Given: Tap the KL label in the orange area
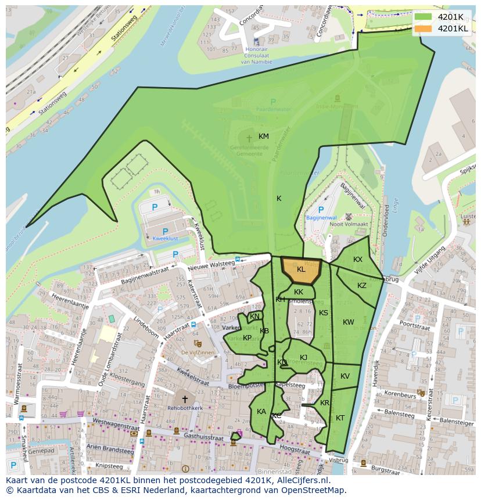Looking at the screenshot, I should [x=301, y=269].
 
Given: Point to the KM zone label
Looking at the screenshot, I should [x=264, y=136].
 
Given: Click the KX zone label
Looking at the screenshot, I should [x=358, y=260].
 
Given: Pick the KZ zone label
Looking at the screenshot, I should [x=362, y=286].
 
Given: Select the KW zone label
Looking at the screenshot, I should [x=349, y=322].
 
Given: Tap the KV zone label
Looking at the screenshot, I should [x=345, y=376].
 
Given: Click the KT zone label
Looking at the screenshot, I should [x=340, y=418].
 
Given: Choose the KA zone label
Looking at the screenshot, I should [x=261, y=412].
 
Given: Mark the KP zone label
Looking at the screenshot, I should [x=247, y=338].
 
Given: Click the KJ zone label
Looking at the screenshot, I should [x=303, y=358].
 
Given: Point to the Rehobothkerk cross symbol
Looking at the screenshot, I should [x=185, y=399].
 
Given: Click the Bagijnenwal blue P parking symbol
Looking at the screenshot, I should [x=320, y=210].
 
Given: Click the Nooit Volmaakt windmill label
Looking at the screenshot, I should [x=349, y=225].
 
